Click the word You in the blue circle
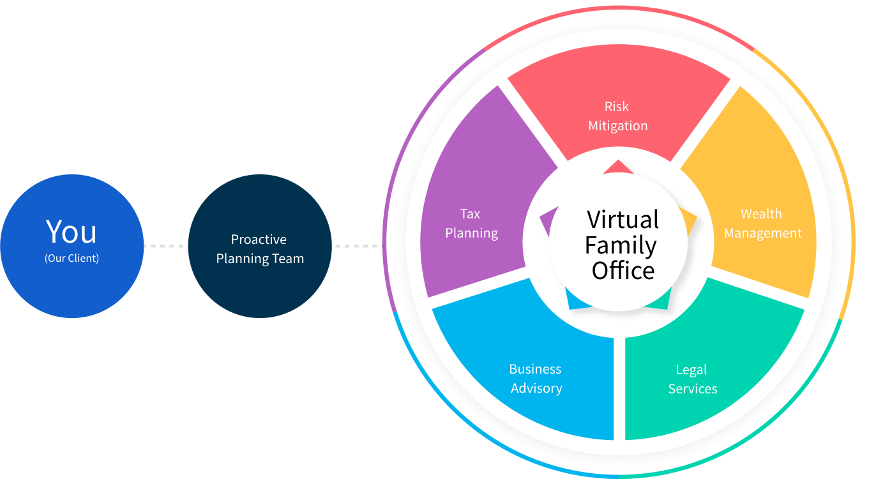pos(72,232)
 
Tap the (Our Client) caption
pos(72,259)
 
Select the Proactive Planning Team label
pos(259,249)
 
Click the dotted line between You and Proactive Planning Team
pos(164,246)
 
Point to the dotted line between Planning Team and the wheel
pos(357,246)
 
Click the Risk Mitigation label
pos(617,116)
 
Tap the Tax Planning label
pos(471,224)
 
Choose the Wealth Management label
pos(762,224)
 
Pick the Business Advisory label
pos(536,379)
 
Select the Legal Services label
pos(692,379)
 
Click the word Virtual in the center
pos(623,220)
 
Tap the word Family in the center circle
pos(621,245)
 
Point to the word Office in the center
pos(623,271)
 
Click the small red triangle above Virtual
pos(617,167)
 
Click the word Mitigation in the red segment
pos(617,126)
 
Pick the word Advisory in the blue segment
pos(536,388)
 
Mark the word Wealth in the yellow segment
pos(761,214)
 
